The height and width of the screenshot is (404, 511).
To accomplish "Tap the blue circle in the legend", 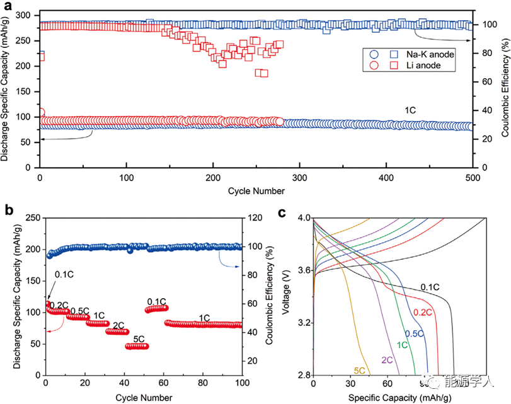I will pos(373,55).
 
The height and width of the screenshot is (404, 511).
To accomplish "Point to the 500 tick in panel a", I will pos(471,178).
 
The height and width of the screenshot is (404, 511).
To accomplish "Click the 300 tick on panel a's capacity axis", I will pos(26,15).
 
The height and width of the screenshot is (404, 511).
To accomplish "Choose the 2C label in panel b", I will pos(118,325).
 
